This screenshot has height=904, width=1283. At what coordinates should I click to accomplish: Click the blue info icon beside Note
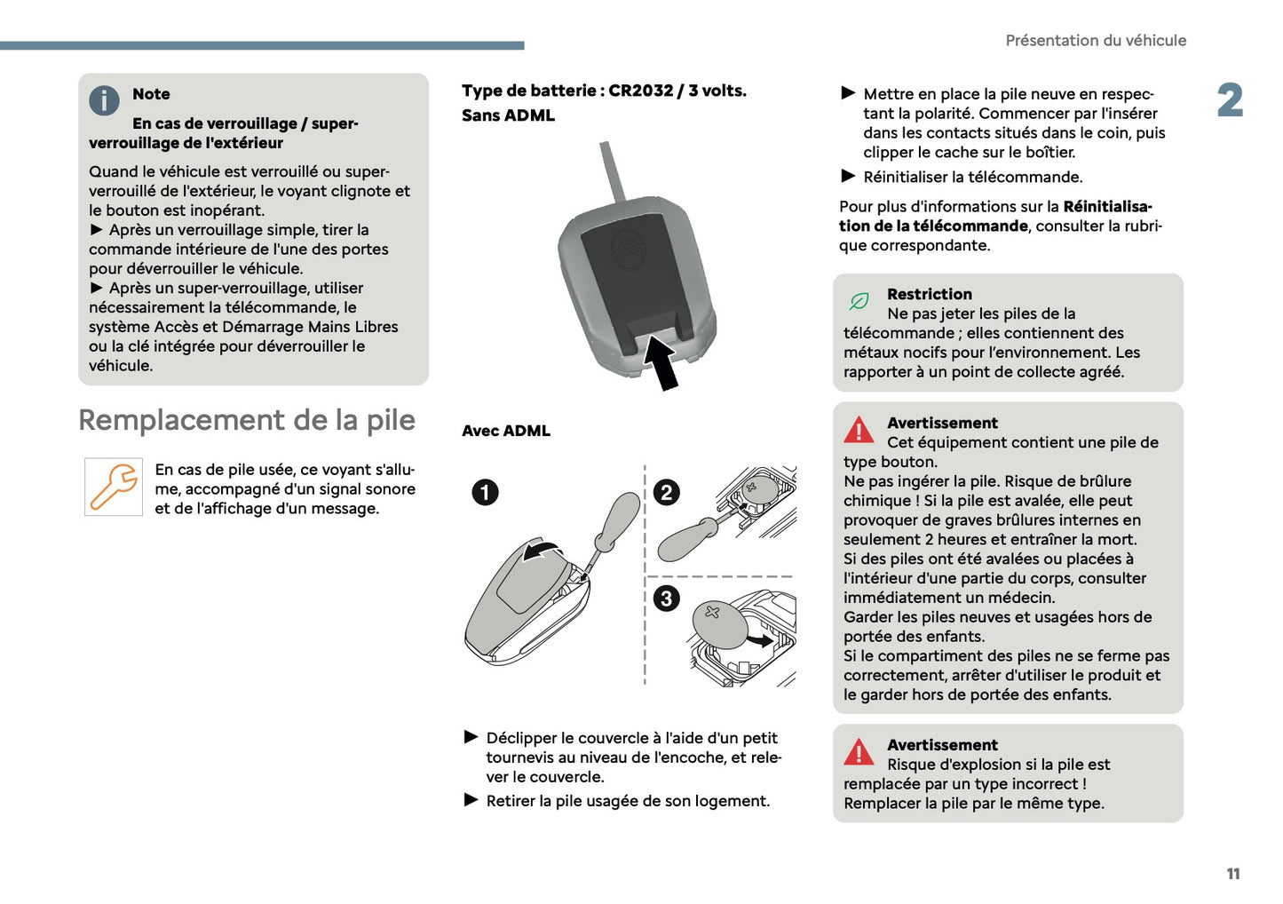point(104,101)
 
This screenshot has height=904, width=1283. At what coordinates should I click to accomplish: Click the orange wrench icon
point(114,487)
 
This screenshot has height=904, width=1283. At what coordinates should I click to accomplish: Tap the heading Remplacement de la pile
point(247,420)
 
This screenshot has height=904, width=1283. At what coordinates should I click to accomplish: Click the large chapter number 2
point(1230,100)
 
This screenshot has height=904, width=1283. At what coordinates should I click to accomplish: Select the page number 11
point(1232,874)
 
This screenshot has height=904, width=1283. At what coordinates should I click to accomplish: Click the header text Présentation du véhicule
point(1095,41)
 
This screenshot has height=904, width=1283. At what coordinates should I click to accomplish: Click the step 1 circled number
point(485,492)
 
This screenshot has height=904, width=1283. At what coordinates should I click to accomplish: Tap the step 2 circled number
point(666,492)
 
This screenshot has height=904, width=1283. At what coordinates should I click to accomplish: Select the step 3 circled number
point(666,598)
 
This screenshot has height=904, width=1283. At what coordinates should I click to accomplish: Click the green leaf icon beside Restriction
point(859,302)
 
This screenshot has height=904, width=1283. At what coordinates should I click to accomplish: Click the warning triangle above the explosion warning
point(859,752)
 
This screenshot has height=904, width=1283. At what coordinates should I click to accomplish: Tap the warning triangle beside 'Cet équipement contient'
point(859,430)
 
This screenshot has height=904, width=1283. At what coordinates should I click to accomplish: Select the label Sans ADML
point(508,115)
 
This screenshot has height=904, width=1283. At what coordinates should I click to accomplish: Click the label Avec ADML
point(506,431)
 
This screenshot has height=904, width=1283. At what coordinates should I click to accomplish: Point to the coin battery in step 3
point(719,624)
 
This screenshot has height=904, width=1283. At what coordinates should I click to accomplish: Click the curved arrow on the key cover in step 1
point(541,551)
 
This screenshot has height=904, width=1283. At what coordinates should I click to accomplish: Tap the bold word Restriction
point(929,294)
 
